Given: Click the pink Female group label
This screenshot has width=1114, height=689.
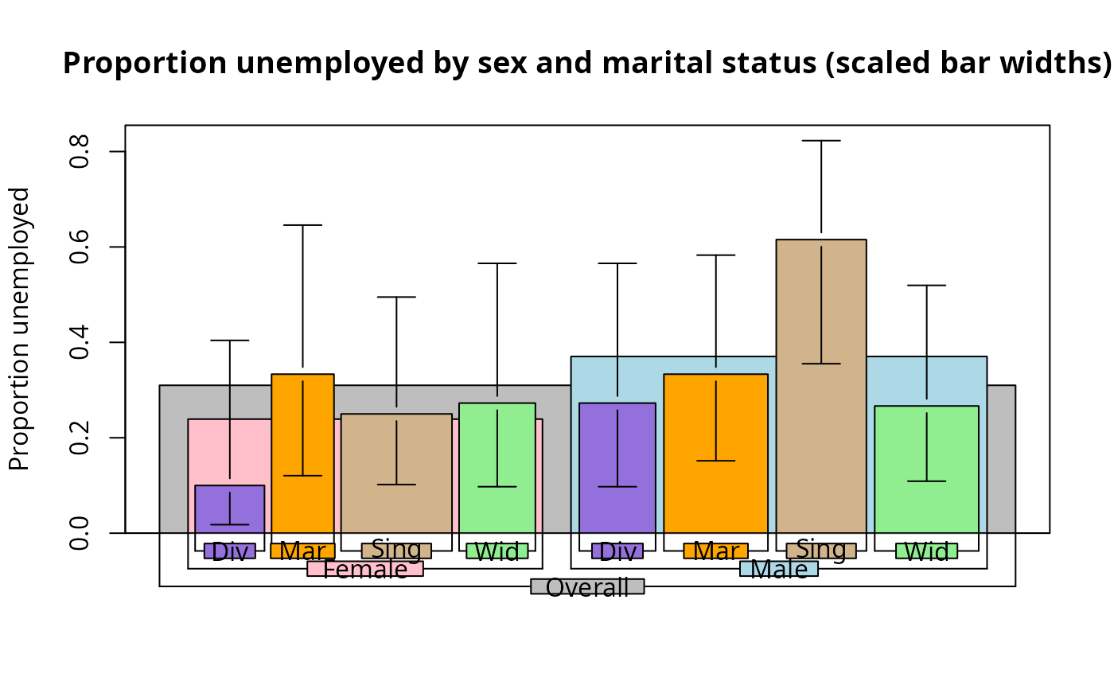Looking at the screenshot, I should point(365,569).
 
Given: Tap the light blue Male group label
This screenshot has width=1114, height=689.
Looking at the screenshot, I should point(779,569).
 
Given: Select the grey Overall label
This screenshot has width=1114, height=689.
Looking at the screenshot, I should point(587,587).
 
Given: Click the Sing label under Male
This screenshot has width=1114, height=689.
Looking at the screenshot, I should point(821,550).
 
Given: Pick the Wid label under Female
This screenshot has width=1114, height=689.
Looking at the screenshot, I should point(497,551).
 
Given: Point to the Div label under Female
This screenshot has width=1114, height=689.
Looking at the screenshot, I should point(230,551).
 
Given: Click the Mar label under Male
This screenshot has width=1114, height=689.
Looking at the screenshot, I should point(715,551).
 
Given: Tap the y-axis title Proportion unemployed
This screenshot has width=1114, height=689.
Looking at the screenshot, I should point(20,329).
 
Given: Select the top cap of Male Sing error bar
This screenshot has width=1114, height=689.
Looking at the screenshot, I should point(821,141).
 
